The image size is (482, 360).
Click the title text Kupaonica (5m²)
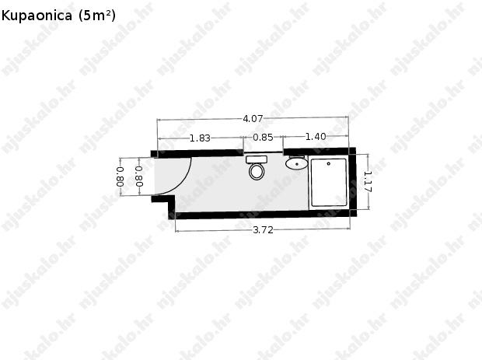click(58, 16)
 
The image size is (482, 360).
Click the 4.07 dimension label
click(253, 119)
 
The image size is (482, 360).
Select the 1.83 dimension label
click(200, 138)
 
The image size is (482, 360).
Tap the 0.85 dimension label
click(263, 137)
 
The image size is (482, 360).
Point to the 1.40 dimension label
click(316, 137)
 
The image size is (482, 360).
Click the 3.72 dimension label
click(263, 230)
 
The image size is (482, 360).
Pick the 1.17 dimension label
click(368, 182)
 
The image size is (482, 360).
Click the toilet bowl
click(257, 172)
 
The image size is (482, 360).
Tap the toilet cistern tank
click(257, 159)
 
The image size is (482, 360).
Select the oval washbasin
click(296, 163)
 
